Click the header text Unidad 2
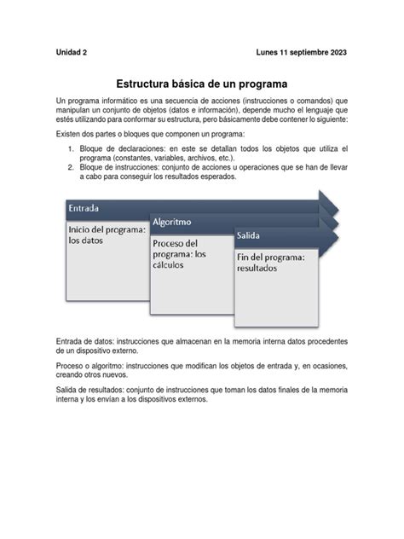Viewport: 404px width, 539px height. (x=72, y=52)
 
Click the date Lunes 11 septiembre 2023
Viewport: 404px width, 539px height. (x=301, y=52)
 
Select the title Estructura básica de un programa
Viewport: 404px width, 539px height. (x=202, y=84)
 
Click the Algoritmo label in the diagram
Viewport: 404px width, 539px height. (x=171, y=223)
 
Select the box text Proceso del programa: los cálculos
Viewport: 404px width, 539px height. (x=181, y=253)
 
